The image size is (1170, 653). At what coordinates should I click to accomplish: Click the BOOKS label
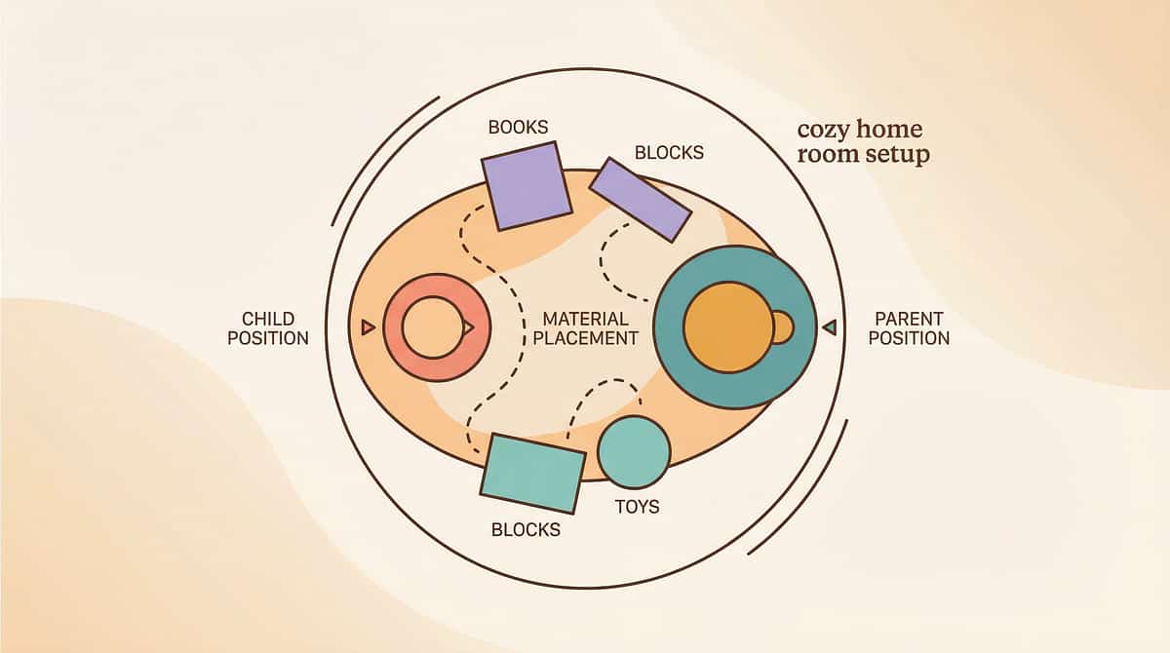[518, 127]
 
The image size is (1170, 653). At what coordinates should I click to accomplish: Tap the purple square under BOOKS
[526, 185]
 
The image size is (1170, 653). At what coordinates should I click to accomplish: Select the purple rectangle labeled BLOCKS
[641, 199]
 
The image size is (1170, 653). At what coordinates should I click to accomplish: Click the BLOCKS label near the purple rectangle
[669, 153]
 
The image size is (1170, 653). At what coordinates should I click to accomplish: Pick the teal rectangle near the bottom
[532, 473]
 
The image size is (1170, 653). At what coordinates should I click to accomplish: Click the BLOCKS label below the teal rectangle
[526, 530]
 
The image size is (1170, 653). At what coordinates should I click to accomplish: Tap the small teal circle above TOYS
[634, 451]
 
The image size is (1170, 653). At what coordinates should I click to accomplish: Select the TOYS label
[637, 507]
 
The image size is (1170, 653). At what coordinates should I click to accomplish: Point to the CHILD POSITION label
[275, 328]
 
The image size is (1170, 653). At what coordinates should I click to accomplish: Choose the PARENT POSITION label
[909, 328]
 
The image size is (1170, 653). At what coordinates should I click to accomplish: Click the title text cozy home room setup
[862, 142]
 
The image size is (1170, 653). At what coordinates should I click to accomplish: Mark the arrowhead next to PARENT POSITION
[830, 327]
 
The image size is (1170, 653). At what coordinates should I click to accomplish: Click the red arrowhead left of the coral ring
[368, 327]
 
